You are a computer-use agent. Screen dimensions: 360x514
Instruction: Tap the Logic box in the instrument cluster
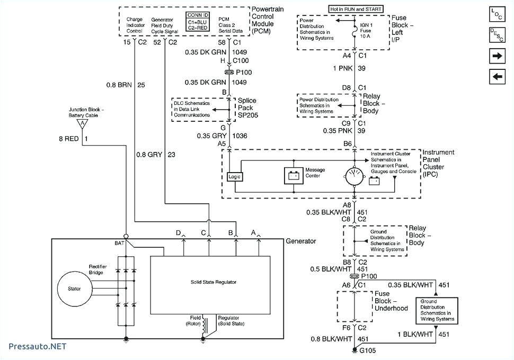[x=234, y=176]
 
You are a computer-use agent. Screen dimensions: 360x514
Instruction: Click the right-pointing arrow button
[x=497, y=56]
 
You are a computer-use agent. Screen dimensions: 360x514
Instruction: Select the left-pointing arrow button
[x=497, y=77]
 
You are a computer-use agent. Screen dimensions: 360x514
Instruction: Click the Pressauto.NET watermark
[x=37, y=346]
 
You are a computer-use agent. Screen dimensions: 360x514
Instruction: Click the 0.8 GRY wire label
[x=148, y=155]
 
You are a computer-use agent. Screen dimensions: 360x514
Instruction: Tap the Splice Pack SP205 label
[x=247, y=107]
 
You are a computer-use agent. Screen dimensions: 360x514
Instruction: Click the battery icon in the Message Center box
[x=293, y=176]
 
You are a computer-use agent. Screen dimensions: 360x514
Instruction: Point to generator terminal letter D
[x=179, y=232]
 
